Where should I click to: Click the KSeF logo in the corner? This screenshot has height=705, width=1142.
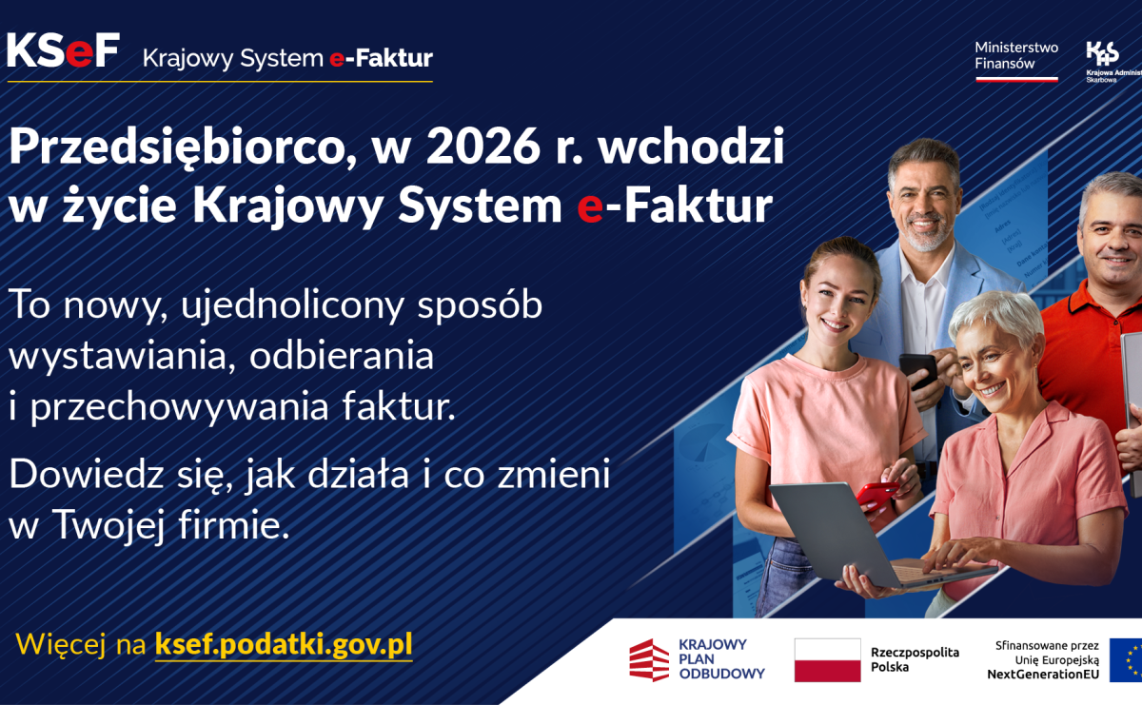pos(63,50)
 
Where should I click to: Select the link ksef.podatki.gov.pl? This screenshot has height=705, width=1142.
pos(284,644)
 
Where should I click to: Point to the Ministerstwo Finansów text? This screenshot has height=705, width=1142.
pos(1015,55)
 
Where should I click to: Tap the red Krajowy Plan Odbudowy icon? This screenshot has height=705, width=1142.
pos(649,659)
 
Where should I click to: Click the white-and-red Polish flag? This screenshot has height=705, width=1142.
pos(827,659)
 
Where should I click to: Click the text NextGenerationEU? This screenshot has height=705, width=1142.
pos(1043,675)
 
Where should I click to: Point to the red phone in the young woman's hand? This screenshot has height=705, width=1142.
pos(876,495)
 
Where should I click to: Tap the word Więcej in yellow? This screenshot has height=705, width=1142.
pos(61,645)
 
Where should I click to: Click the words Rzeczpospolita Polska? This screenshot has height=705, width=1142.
pos(915,659)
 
